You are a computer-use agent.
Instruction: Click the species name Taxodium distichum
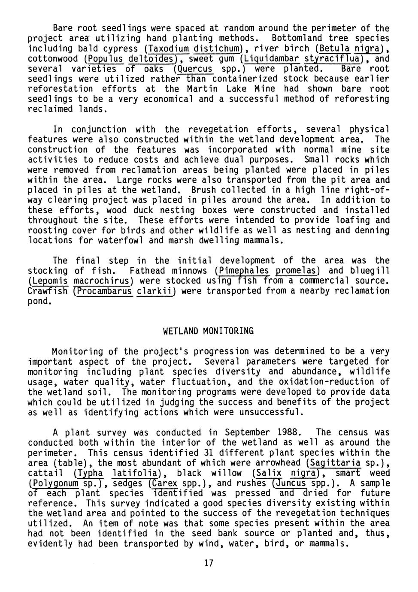coord(194,48)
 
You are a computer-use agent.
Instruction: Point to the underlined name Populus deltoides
coord(130,59)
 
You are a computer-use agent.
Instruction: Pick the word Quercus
coord(195,69)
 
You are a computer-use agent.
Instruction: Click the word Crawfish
coord(48,291)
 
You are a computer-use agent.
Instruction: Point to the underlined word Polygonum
coord(55,483)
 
